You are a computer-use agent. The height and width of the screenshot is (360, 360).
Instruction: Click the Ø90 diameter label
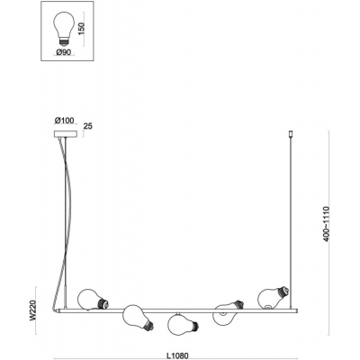point(63,52)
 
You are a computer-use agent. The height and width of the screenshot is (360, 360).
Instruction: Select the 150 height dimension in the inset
point(82,29)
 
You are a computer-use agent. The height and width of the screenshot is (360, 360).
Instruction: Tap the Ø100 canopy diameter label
point(64,121)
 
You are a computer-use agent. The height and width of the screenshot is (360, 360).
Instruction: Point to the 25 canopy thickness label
point(88,126)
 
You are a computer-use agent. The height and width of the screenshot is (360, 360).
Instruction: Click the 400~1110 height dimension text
point(327,223)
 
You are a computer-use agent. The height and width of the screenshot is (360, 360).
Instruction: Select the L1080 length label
point(178,355)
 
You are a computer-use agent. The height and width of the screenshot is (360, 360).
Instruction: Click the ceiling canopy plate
point(66,133)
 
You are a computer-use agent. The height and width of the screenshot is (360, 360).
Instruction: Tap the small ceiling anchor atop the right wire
point(290,133)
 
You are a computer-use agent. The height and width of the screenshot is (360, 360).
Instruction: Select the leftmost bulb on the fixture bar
point(93,300)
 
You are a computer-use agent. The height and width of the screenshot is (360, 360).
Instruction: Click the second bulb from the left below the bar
point(138,318)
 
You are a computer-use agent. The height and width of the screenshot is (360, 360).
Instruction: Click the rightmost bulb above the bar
point(274,297)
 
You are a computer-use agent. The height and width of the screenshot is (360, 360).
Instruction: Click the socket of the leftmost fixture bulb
point(103,303)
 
